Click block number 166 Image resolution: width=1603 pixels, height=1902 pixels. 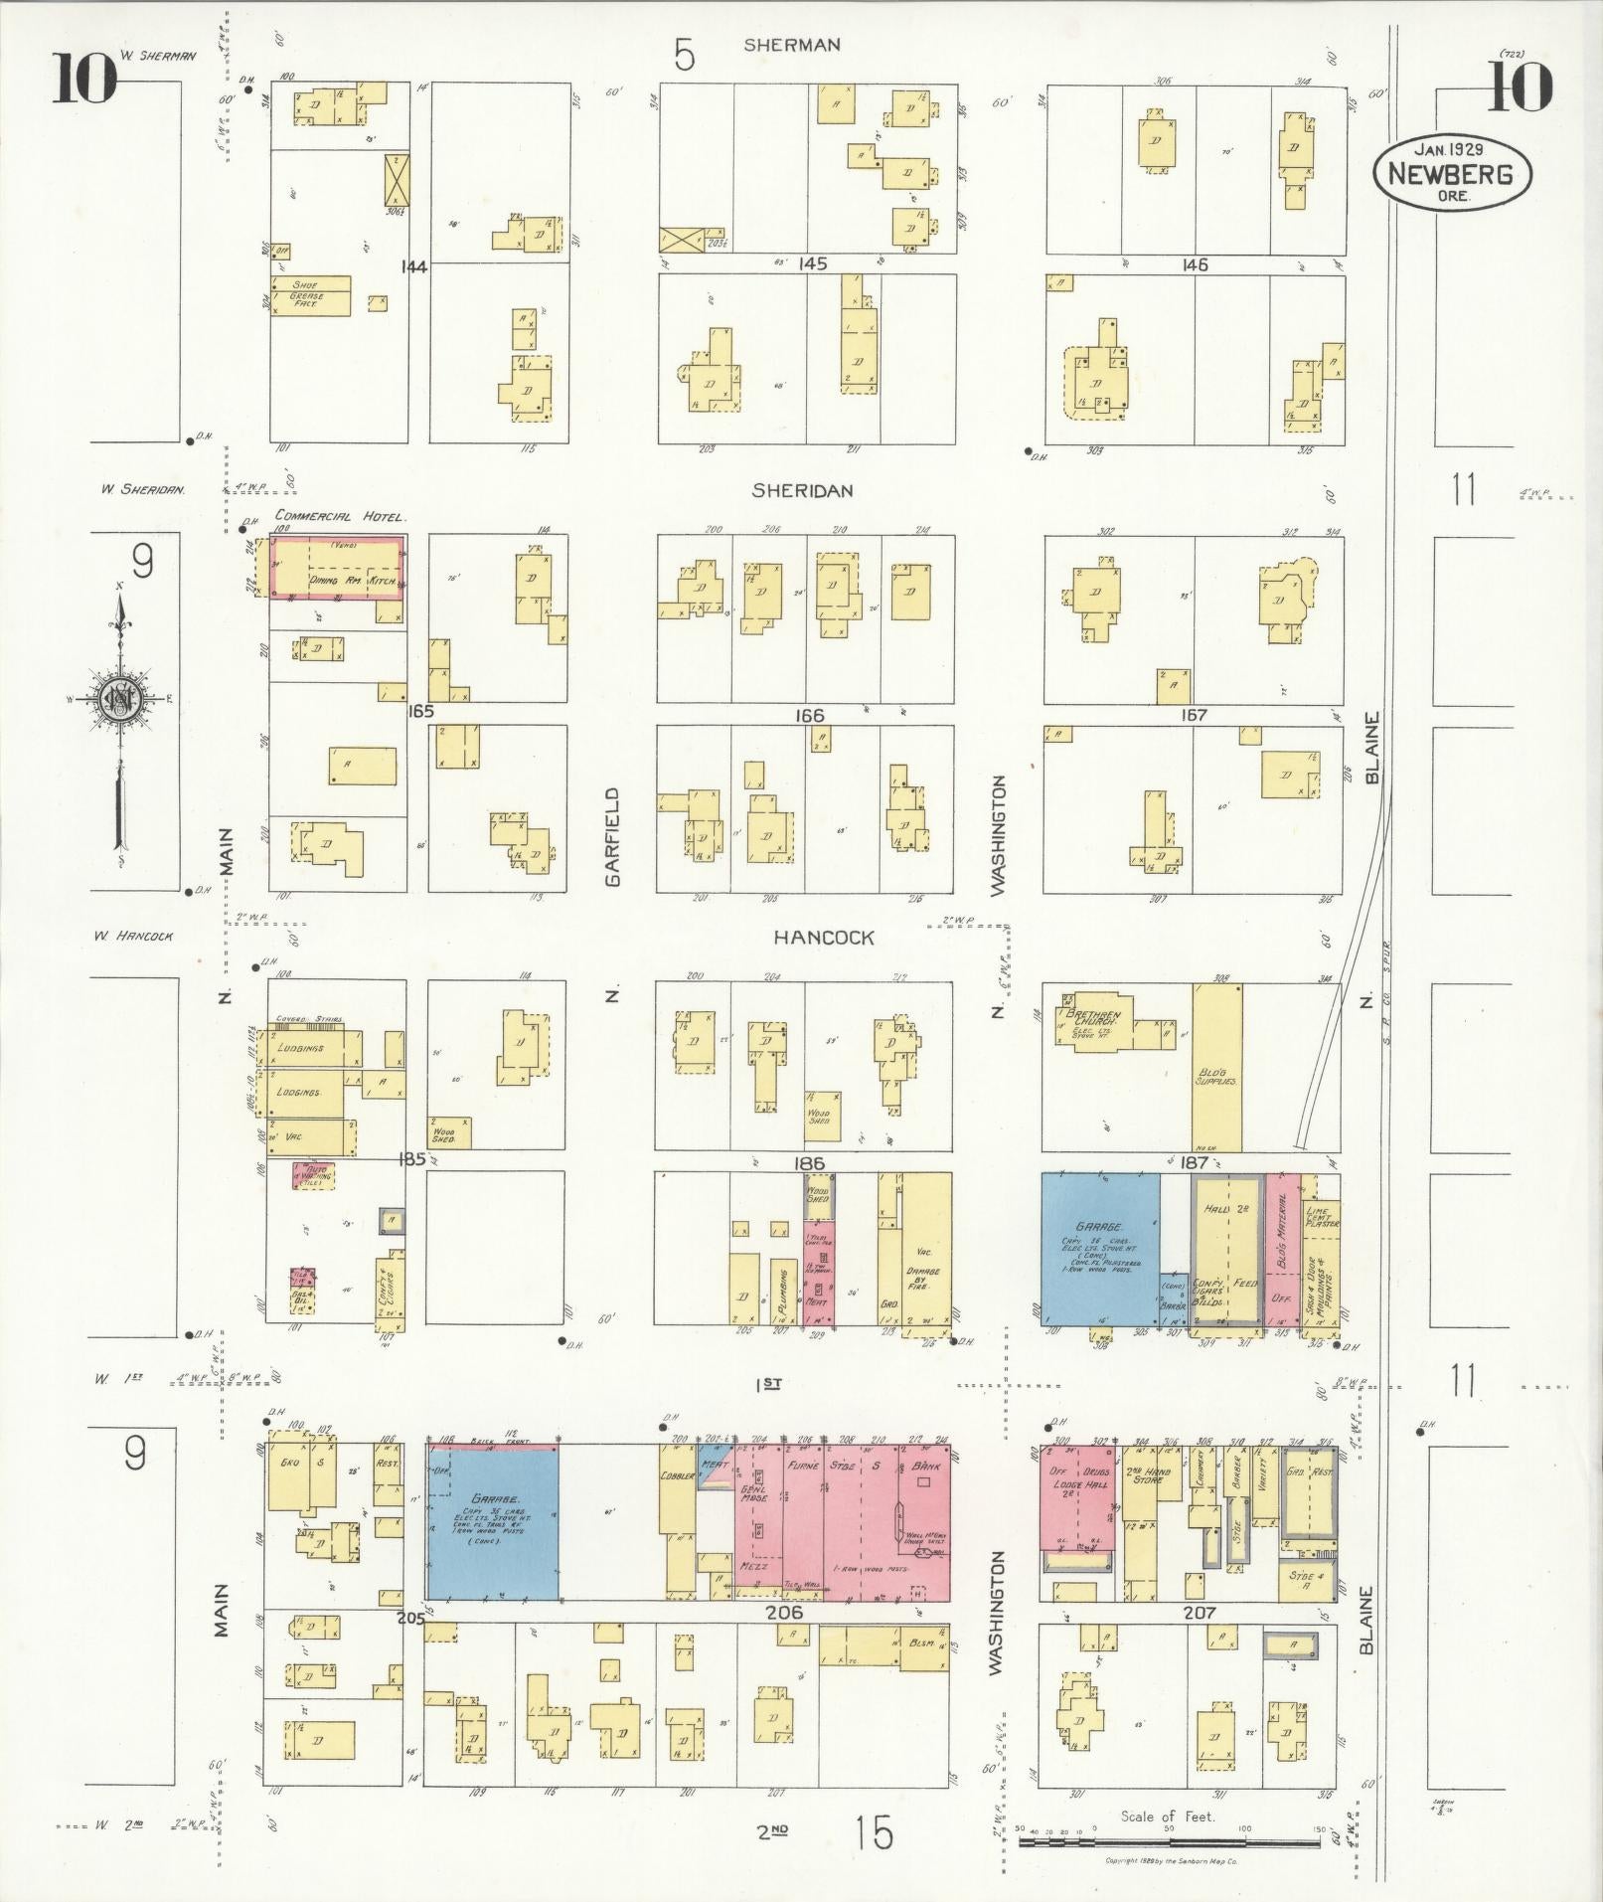click(809, 715)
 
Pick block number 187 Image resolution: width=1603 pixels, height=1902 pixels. click(1194, 1161)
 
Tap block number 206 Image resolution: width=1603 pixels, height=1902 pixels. click(784, 1612)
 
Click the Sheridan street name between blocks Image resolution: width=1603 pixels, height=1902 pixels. click(802, 490)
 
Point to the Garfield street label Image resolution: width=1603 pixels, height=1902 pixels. click(612, 836)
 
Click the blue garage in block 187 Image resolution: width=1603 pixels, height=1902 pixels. click(1099, 1249)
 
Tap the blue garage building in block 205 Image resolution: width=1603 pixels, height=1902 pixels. click(492, 1520)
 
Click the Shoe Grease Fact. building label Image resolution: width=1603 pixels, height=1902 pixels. click(305, 294)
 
